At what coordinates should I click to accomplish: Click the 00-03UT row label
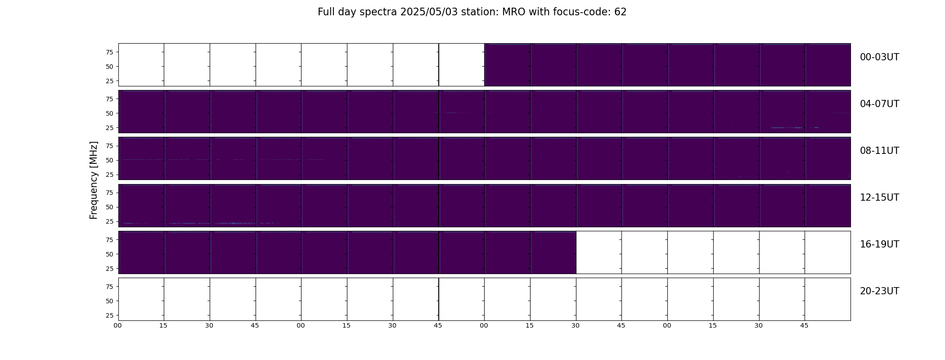point(879,57)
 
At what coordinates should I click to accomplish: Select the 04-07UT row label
point(879,104)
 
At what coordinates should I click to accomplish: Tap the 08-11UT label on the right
point(879,151)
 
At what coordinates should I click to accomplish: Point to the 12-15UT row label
point(879,198)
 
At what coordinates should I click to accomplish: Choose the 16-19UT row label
point(879,244)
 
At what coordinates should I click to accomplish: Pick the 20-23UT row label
point(879,291)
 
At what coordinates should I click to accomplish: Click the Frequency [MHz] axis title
point(94,180)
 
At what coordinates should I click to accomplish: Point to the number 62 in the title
point(621,12)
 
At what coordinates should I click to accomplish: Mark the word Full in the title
point(325,12)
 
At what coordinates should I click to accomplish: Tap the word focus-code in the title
point(583,12)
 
